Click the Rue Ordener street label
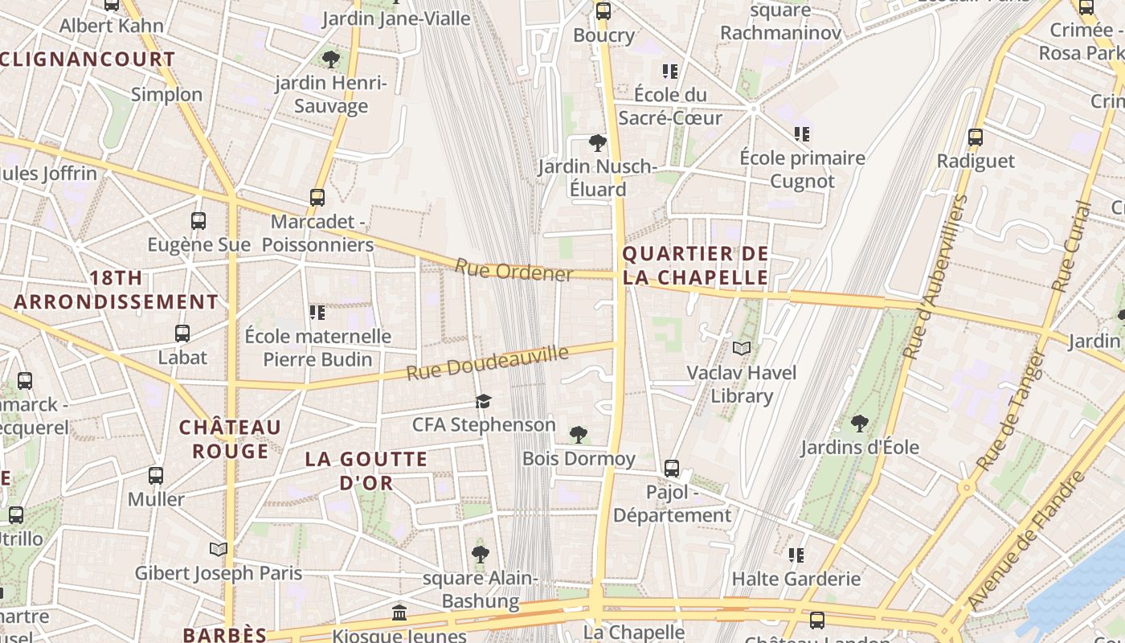pyautogui.click(x=514, y=271)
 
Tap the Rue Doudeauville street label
pyautogui.click(x=487, y=363)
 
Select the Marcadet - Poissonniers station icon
pyautogui.click(x=317, y=197)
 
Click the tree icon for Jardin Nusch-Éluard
pyautogui.click(x=597, y=143)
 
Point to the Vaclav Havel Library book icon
pyautogui.click(x=742, y=349)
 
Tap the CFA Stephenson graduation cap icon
pyautogui.click(x=483, y=401)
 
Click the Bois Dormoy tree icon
pyautogui.click(x=578, y=435)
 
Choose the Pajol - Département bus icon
pyautogui.click(x=672, y=468)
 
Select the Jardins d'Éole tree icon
pyautogui.click(x=860, y=423)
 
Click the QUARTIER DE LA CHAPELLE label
pyautogui.click(x=696, y=266)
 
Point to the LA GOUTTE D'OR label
pyautogui.click(x=366, y=471)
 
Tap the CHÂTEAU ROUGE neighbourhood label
pyautogui.click(x=230, y=439)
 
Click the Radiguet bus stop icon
pyautogui.click(x=976, y=137)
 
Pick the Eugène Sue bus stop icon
pyautogui.click(x=198, y=221)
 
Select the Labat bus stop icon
pyautogui.click(x=182, y=334)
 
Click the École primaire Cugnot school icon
pyautogui.click(x=801, y=134)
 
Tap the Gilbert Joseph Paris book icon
pyautogui.click(x=218, y=549)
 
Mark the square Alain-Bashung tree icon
pyautogui.click(x=481, y=554)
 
